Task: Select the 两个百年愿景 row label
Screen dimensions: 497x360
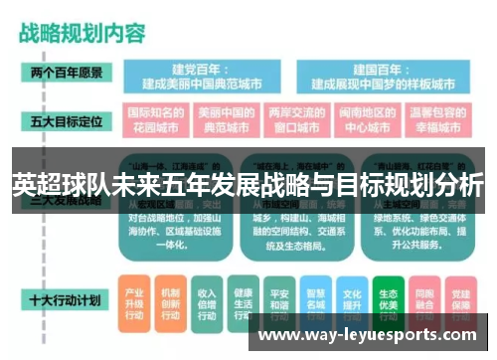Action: (65, 74)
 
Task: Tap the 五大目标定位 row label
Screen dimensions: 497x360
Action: (65, 120)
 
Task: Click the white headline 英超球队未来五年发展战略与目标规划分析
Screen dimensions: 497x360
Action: (248, 185)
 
